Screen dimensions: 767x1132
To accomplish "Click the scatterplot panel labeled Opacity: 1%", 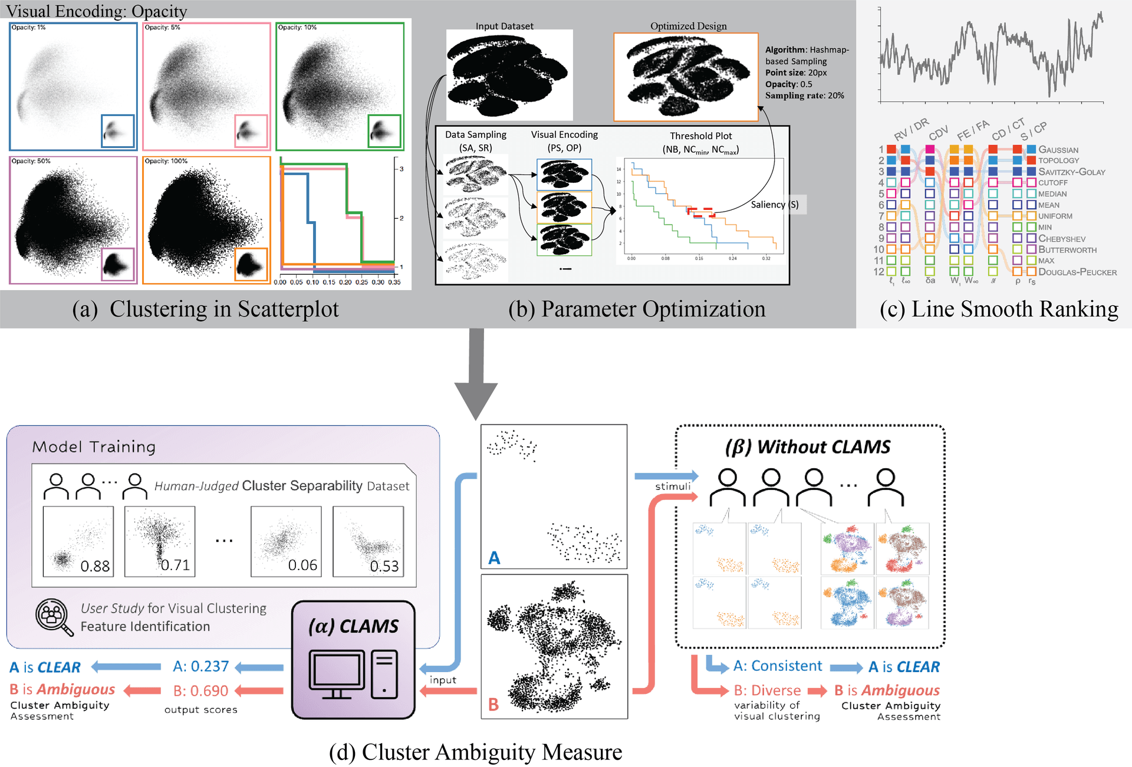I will tap(73, 87).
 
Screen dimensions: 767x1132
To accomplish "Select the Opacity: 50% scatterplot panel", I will tap(73, 220).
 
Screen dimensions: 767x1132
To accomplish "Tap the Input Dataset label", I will tap(504, 26).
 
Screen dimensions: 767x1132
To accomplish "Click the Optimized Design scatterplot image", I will tap(686, 77).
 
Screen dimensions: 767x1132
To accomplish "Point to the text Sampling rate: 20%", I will tap(804, 96).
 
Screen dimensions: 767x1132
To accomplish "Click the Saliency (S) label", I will tap(774, 205).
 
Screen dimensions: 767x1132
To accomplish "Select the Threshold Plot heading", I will tap(700, 136).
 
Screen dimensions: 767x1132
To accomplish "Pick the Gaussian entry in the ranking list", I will tap(1058, 150).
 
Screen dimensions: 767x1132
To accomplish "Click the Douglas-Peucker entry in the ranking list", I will tap(1077, 272).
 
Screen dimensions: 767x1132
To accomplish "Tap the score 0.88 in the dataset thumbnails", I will tap(95, 566).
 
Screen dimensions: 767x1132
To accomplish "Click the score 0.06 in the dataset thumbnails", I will tap(302, 565).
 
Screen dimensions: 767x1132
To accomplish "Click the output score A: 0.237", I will tap(200, 667).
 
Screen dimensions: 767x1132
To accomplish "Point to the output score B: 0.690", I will tap(200, 691).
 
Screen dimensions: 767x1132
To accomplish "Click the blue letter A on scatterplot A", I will tap(494, 558).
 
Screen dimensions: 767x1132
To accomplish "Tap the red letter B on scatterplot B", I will tap(493, 704).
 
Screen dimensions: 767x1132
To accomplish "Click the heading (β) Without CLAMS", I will tap(808, 447).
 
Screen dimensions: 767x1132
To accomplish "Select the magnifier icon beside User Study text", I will tap(54, 617).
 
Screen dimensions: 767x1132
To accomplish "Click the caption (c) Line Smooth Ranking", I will tap(998, 309).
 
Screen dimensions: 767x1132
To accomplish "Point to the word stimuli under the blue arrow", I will tap(673, 486).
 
